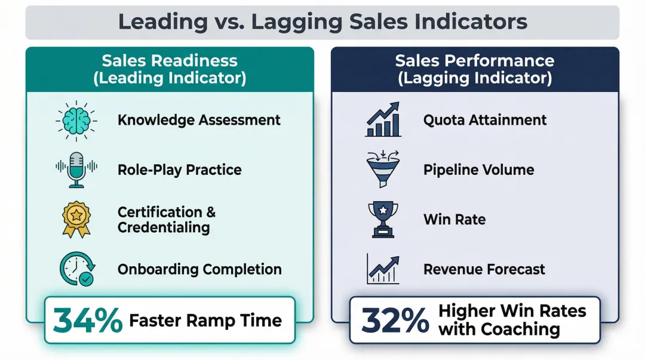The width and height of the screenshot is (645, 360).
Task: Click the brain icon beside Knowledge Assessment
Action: click(76, 120)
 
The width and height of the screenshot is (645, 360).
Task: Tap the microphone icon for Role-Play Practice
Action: click(76, 170)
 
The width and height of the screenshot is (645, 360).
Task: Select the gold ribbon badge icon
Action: click(76, 219)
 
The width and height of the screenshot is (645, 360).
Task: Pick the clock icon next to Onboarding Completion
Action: click(76, 269)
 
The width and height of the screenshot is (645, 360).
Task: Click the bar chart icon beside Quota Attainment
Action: click(383, 119)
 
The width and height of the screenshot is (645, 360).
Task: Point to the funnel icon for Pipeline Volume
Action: click(383, 170)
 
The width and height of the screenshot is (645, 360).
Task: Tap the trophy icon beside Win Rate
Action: click(383, 219)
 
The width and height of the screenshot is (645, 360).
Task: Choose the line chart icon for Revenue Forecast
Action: click(383, 269)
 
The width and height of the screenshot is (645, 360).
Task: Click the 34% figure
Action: click(88, 321)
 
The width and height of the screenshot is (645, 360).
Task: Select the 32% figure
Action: click(395, 321)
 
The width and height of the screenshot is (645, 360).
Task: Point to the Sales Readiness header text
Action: click(170, 61)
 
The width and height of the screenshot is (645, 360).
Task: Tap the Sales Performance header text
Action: click(475, 61)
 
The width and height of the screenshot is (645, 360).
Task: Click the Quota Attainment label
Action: click(485, 120)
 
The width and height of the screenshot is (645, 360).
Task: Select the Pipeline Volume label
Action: click(478, 170)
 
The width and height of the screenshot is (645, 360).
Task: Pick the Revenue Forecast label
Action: click(484, 269)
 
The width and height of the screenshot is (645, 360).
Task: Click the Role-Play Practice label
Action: click(179, 170)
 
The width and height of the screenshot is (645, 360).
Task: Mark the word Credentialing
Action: click(163, 227)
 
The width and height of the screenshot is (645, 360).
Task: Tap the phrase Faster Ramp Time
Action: click(205, 321)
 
